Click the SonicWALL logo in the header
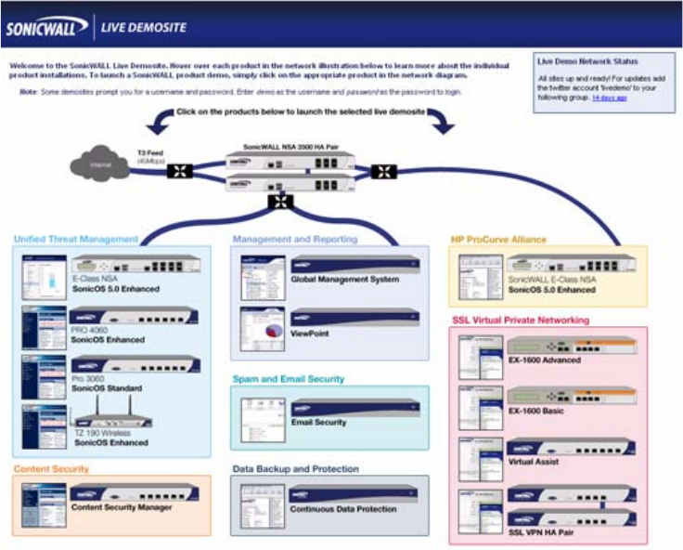45,27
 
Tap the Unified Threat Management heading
75,239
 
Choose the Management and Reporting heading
294,239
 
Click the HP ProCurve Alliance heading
498,239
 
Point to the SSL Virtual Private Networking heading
520,321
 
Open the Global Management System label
344,279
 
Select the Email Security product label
318,422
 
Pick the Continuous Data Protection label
344,509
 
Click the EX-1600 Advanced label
545,360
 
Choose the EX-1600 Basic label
537,410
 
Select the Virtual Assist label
535,461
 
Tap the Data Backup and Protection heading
295,469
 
